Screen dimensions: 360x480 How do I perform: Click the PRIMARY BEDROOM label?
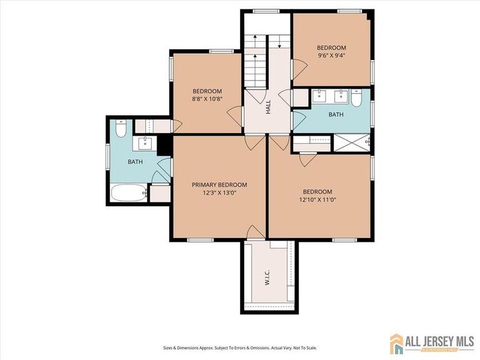coord(219,184)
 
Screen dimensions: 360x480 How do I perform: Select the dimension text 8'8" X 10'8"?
coord(206,99)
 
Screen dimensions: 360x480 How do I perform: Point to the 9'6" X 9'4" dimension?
coord(331,55)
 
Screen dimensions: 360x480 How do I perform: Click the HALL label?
coord(268,107)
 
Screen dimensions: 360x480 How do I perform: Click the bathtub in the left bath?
coord(129,192)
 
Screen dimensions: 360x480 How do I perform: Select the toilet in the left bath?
coord(121,127)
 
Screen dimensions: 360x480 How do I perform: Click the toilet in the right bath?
coord(356,99)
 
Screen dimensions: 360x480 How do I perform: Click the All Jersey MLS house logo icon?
coord(396,343)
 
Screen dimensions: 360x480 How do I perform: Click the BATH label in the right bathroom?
coord(336,114)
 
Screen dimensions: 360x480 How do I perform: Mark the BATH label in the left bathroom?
coord(135,162)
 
